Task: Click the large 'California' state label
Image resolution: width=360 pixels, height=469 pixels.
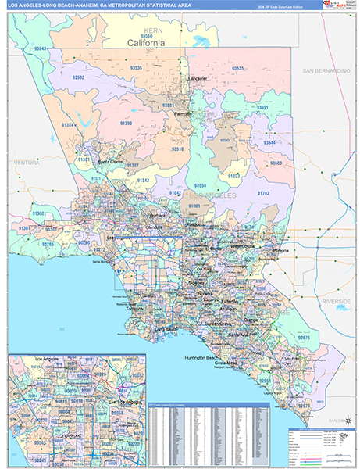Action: [x=146, y=43]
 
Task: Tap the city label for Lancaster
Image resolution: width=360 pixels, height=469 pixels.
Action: [x=197, y=79]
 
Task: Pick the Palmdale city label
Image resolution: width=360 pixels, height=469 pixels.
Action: [x=182, y=113]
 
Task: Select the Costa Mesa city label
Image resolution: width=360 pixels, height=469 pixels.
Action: [x=227, y=363]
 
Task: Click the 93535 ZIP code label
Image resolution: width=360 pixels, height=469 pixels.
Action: [x=238, y=69]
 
